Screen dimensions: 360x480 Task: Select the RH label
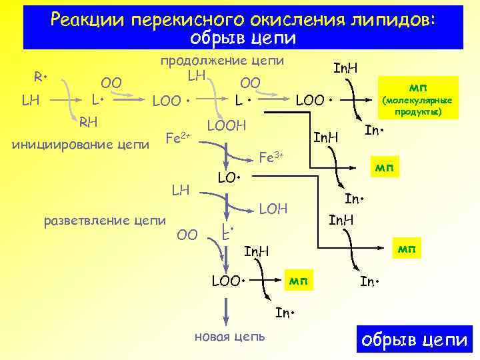[x=89, y=122]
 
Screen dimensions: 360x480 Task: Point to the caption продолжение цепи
[x=222, y=60]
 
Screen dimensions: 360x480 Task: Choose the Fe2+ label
[x=177, y=138]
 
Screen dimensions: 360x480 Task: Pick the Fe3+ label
[x=271, y=157]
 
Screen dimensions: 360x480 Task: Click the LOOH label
[x=227, y=126]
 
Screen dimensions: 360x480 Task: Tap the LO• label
[x=229, y=179]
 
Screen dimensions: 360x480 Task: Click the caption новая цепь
[x=229, y=336]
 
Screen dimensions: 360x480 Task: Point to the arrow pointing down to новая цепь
[x=227, y=310]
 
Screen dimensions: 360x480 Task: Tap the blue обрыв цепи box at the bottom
[x=414, y=339]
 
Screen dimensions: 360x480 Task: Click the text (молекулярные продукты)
[x=418, y=105]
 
